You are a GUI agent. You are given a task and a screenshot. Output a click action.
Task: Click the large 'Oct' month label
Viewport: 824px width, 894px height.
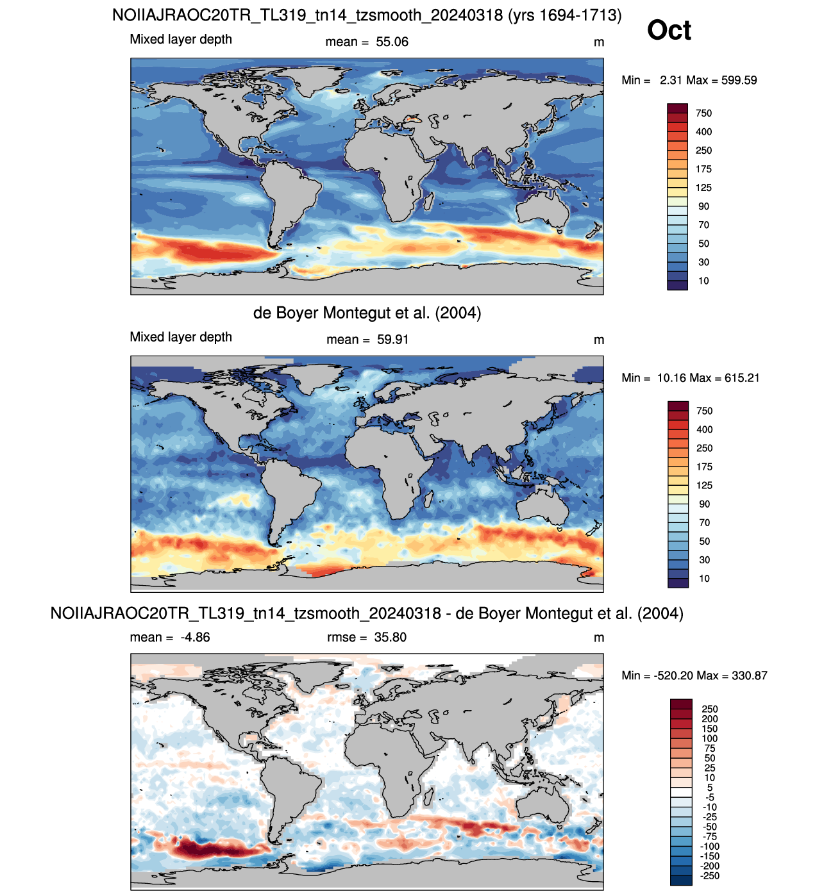click(669, 30)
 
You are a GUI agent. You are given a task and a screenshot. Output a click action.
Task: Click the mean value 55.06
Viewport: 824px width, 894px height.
click(392, 42)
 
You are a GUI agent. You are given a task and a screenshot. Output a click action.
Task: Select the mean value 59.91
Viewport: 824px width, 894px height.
click(392, 340)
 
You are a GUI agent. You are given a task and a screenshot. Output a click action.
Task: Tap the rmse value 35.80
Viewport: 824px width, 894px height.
click(391, 637)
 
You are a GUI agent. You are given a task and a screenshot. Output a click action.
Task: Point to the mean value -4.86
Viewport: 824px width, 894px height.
click(195, 637)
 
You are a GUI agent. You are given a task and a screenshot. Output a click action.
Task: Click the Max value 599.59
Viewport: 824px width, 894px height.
click(739, 80)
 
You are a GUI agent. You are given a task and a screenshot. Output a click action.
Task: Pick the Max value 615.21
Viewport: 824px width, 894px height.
click(741, 378)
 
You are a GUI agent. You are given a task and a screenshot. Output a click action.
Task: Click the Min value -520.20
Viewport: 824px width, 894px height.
click(674, 675)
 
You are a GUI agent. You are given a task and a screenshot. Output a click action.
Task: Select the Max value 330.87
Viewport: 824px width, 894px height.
click(750, 675)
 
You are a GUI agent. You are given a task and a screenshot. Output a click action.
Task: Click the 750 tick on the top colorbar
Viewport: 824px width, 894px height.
click(703, 113)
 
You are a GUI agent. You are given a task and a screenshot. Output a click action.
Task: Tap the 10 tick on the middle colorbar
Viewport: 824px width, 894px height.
click(704, 579)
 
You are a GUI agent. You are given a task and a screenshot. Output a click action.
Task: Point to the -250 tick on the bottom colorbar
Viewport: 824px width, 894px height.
click(710, 875)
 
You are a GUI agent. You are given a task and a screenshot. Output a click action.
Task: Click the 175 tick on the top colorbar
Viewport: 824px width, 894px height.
click(703, 169)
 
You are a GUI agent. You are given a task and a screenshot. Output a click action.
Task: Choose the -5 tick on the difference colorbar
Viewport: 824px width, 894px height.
click(710, 797)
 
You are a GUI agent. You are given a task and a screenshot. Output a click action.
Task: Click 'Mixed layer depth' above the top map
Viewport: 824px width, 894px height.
click(181, 39)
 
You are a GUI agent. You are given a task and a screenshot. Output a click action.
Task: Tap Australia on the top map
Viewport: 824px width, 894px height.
click(542, 208)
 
